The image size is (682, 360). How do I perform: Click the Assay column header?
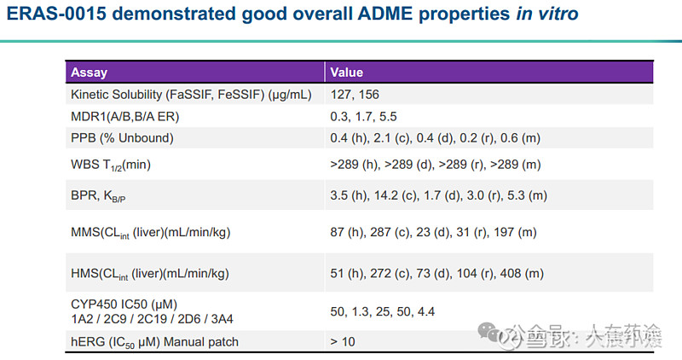point(89,73)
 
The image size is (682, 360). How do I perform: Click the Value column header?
point(348,73)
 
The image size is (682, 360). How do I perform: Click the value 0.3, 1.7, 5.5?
point(363,117)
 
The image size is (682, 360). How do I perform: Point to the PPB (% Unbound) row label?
point(123,138)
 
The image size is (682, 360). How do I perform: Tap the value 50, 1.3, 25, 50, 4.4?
point(382,312)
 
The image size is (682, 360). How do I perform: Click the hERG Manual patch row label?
point(154,342)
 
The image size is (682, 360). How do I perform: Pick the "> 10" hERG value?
point(343,342)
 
